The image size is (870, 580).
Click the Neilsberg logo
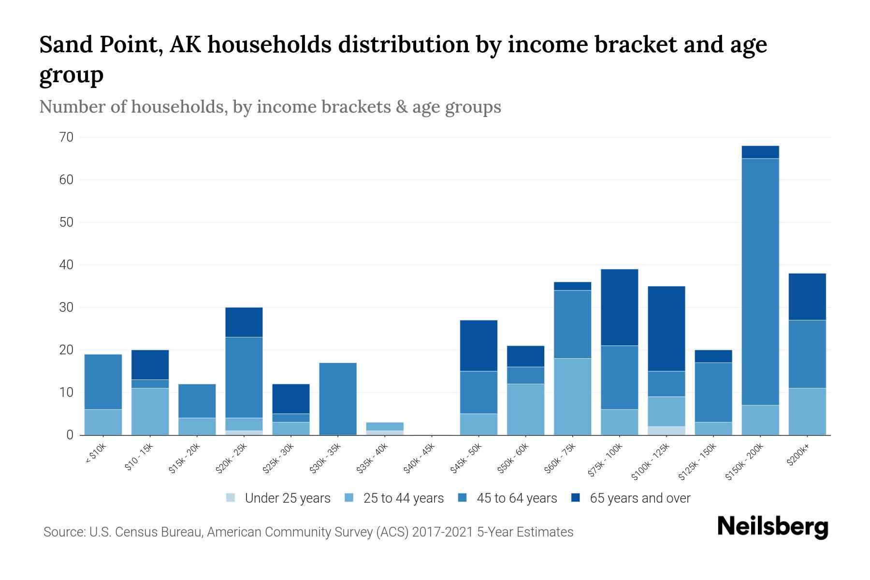pyautogui.click(x=772, y=527)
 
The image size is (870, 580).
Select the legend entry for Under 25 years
pyautogui.click(x=278, y=498)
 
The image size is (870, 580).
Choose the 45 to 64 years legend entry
pyautogui.click(x=507, y=498)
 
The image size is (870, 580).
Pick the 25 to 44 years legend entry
pyautogui.click(x=394, y=498)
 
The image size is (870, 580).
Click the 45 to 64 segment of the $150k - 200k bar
pyautogui.click(x=760, y=282)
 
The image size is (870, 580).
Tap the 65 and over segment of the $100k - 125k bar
pyautogui.click(x=667, y=329)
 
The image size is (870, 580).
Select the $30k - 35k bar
pyautogui.click(x=338, y=399)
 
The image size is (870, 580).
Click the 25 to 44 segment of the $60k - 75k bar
pyautogui.click(x=572, y=396)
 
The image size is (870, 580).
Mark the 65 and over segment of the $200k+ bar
pyautogui.click(x=807, y=297)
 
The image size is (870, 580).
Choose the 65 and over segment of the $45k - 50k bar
pyautogui.click(x=478, y=346)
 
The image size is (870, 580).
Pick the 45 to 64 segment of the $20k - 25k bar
pyautogui.click(x=244, y=377)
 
